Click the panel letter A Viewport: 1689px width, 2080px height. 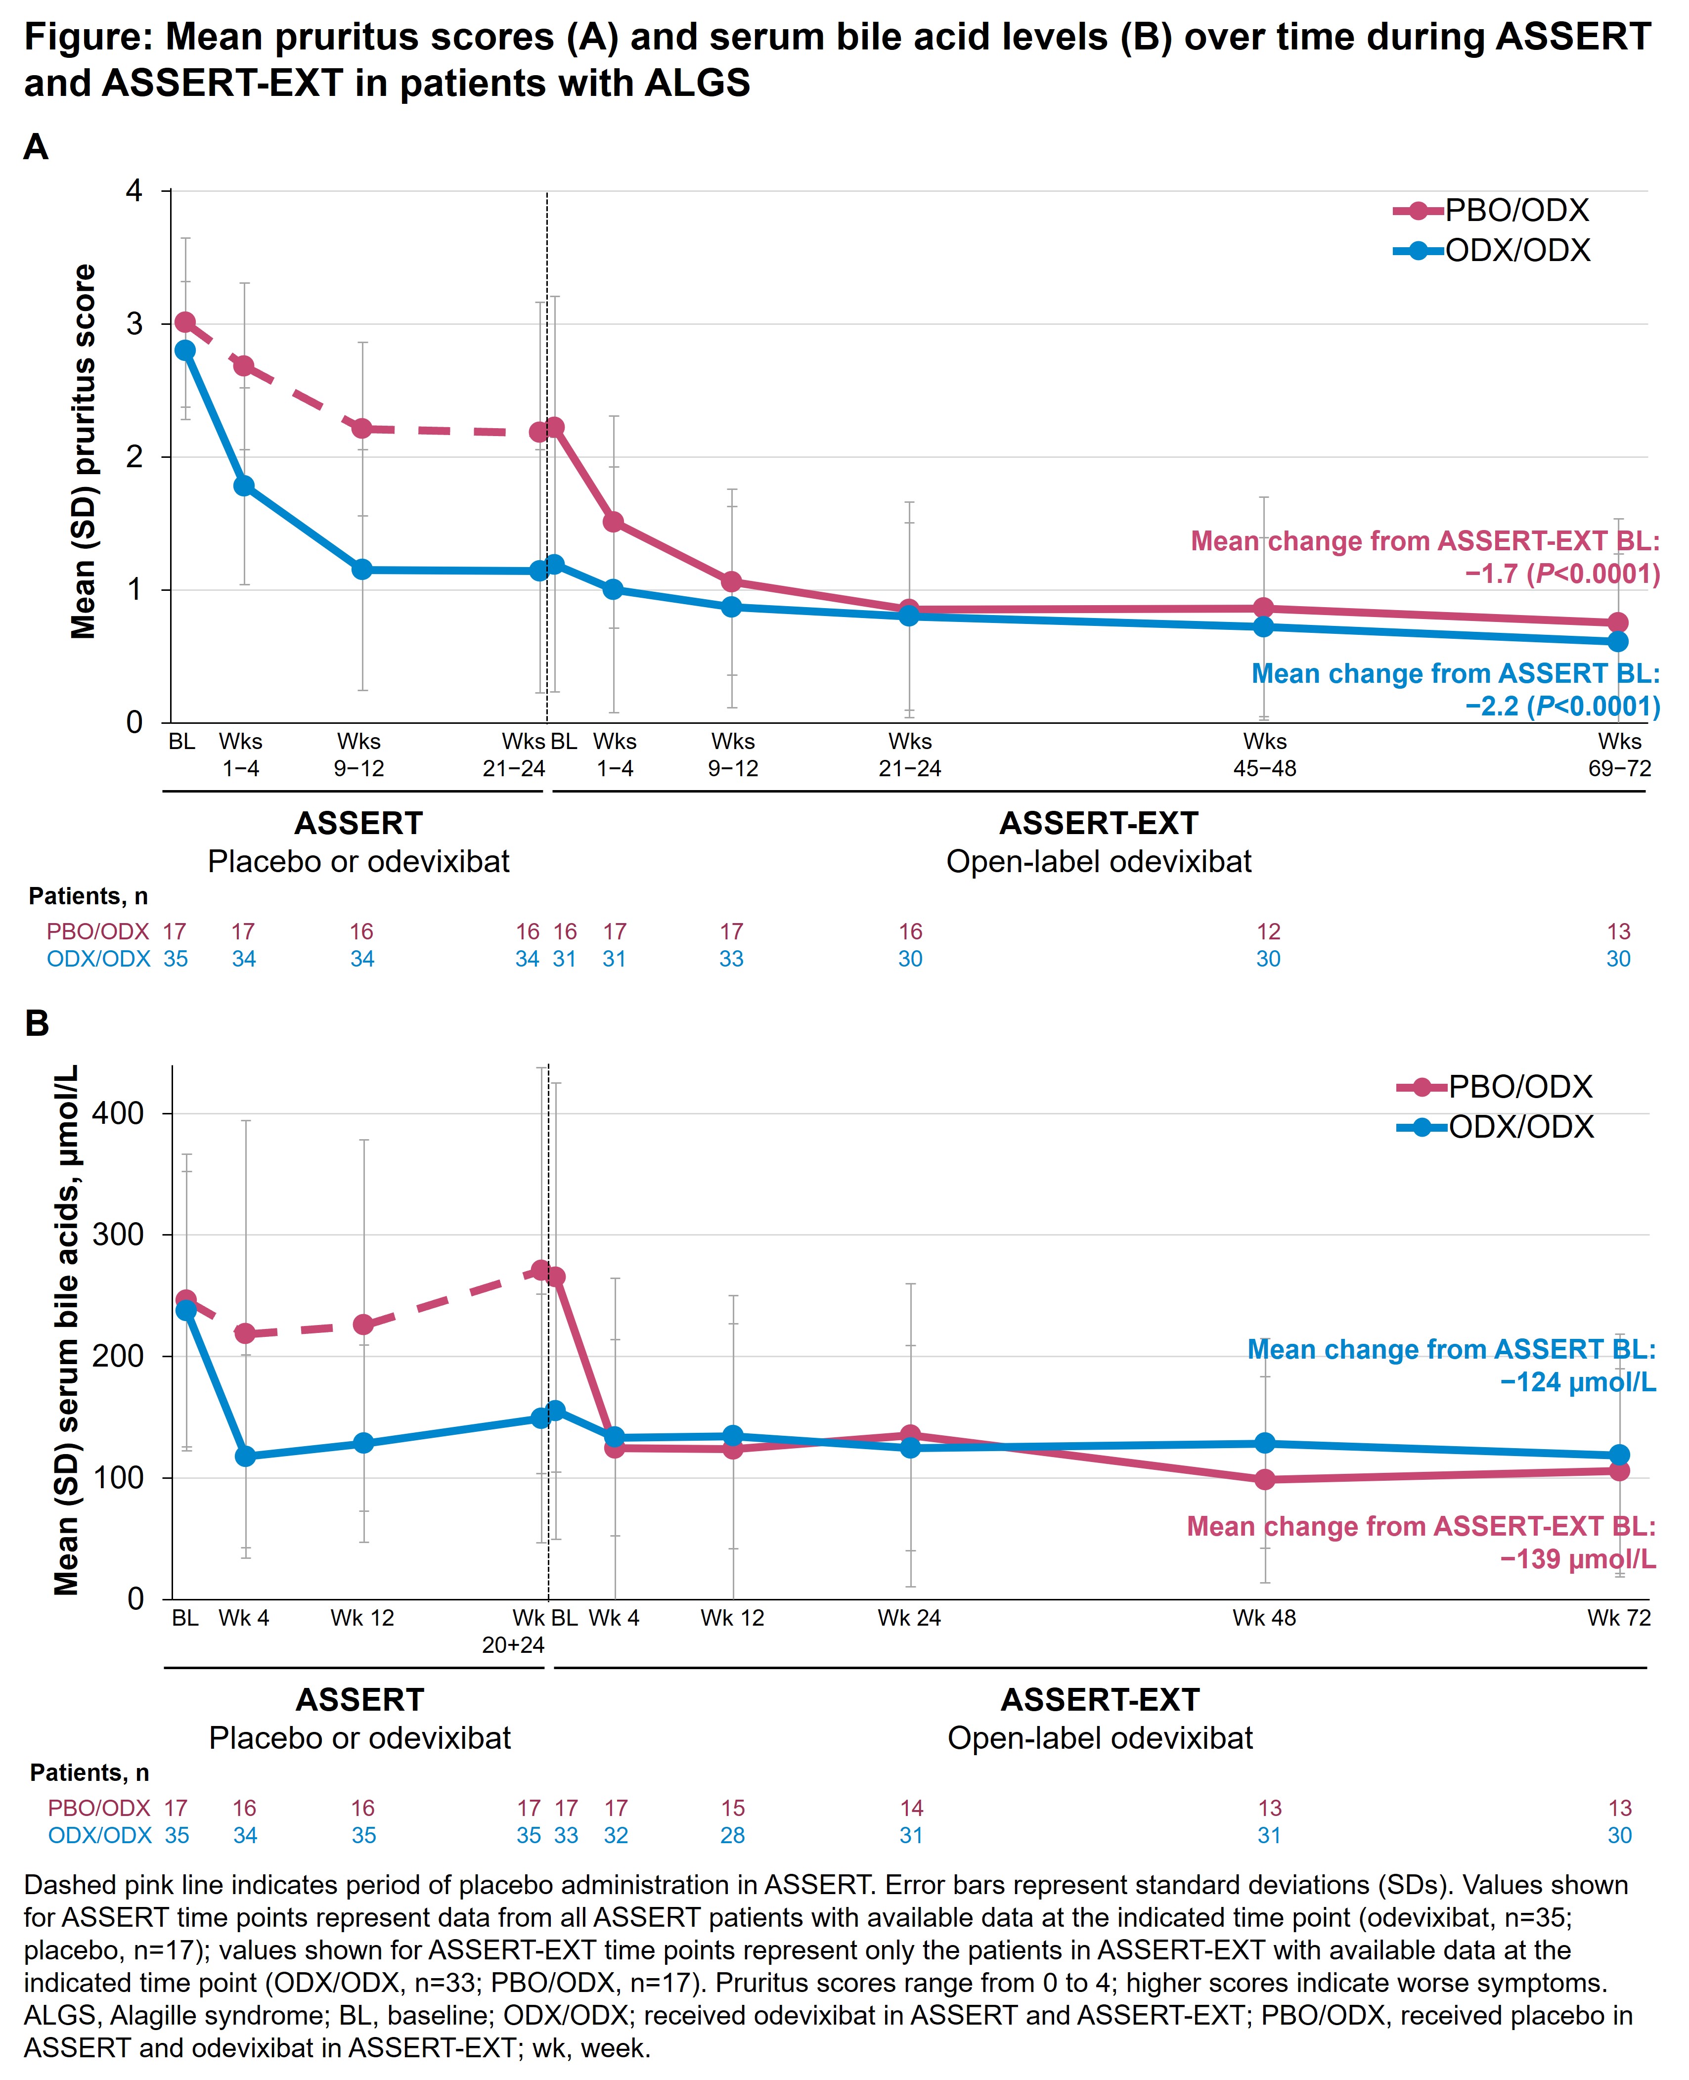click(36, 148)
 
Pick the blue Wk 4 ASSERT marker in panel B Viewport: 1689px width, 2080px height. click(245, 1457)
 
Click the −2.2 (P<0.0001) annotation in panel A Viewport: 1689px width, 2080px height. click(1561, 707)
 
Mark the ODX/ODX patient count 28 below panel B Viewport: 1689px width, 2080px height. click(733, 1836)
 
